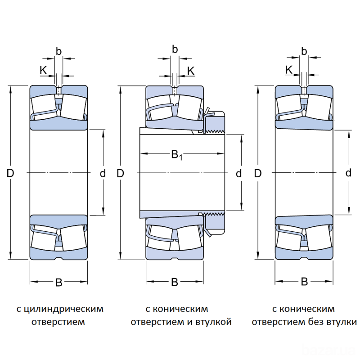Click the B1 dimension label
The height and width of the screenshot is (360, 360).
[176, 155]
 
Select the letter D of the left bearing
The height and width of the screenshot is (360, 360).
[10, 173]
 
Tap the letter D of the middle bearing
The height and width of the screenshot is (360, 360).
[120, 173]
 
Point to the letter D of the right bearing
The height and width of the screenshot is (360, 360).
[258, 173]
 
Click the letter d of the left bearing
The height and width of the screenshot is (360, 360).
[103, 173]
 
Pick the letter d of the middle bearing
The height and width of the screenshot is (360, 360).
[239, 173]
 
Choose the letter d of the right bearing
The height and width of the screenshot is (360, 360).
[348, 173]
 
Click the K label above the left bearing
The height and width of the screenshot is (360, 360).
[43, 70]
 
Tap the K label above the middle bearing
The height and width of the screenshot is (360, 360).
[190, 71]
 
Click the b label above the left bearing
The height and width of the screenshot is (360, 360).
[58, 51]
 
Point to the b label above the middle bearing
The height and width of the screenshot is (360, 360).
[175, 49]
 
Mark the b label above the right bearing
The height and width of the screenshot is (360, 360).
[304, 51]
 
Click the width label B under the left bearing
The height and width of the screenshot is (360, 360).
[58, 283]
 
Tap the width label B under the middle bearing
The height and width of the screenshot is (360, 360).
[175, 283]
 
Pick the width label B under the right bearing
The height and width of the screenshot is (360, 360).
[304, 282]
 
